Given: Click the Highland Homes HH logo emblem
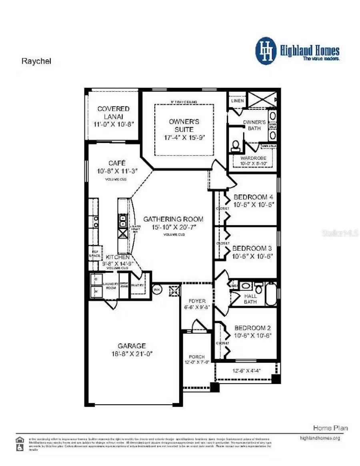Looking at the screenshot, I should (266, 51).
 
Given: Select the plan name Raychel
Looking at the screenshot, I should (36, 61).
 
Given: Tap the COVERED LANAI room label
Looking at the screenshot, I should (114, 109).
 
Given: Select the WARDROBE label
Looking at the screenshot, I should (253, 158).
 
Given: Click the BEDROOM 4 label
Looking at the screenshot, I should (253, 197).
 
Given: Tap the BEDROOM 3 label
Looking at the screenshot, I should (252, 248).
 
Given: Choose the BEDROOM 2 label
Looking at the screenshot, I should (253, 327).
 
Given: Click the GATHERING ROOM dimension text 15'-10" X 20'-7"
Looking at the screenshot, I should (173, 227).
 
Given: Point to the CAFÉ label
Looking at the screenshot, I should (117, 163).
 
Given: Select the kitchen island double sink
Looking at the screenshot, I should (122, 221).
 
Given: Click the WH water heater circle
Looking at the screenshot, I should (157, 289).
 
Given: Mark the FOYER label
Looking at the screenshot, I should (197, 301).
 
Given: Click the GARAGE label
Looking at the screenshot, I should (132, 345).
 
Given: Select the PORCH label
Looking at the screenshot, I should (197, 356).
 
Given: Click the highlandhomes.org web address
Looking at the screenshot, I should (320, 438).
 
